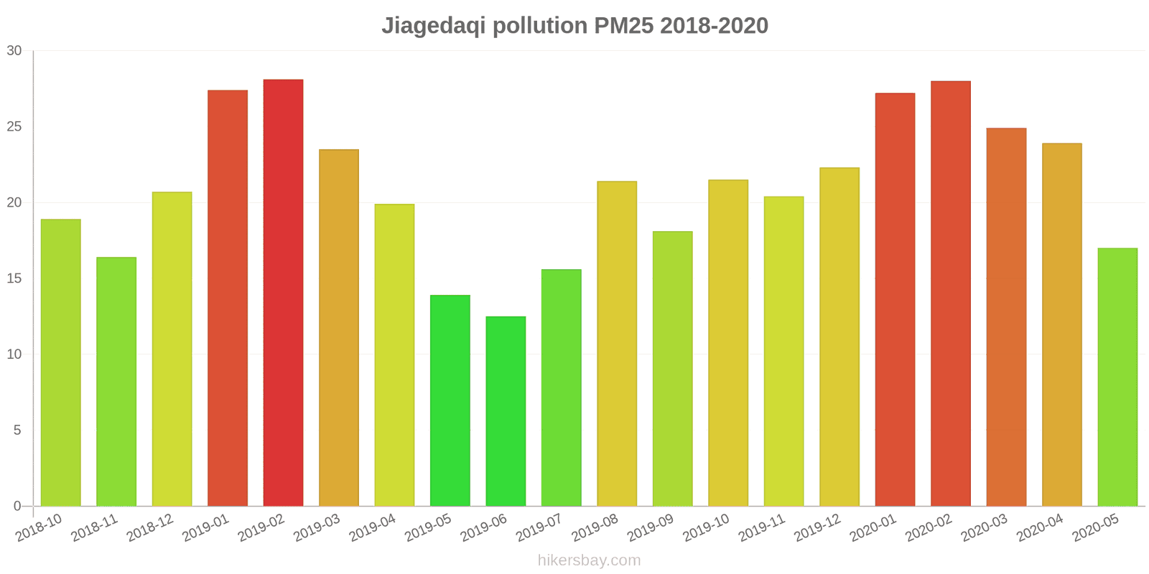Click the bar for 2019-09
point(672,369)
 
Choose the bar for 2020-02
point(951,293)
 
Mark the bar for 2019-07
point(561,387)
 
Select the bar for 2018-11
point(116,382)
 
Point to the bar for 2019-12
point(839,337)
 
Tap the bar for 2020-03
point(1006,317)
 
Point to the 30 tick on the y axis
point(14,51)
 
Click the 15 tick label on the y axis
point(14,278)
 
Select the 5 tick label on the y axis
point(17,430)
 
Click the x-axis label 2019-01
point(206,527)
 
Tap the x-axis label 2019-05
point(429,527)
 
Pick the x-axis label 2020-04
point(1040,527)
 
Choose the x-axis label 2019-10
point(707,527)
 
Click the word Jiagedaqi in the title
point(434,26)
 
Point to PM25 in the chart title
point(623,26)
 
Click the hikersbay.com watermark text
point(589,560)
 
